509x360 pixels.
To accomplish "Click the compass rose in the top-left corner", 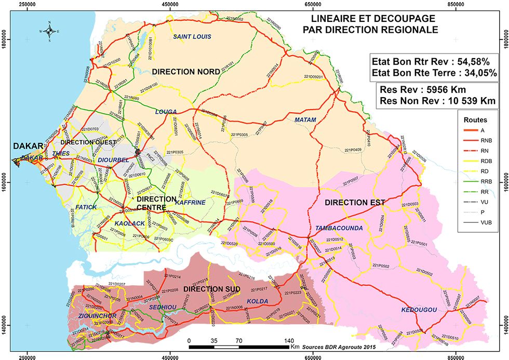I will tap(48, 31).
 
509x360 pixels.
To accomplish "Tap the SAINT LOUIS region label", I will tap(192, 37).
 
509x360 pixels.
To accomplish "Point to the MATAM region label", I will tap(305, 120).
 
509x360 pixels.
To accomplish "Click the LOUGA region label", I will tap(166, 112).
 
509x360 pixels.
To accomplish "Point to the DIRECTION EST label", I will tap(351, 202).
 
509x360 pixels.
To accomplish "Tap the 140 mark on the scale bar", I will tap(287, 341).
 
